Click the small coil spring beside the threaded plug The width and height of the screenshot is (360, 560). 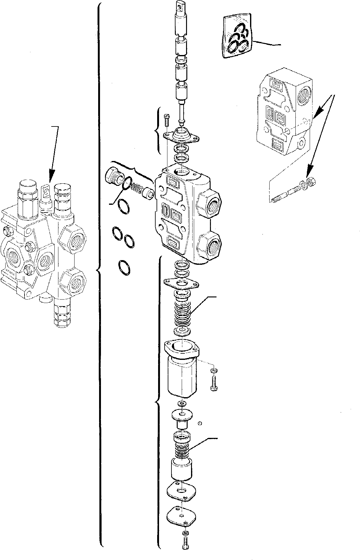pyautogui.click(x=136, y=189)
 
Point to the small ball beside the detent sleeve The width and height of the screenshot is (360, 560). pyautogui.click(x=200, y=423)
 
